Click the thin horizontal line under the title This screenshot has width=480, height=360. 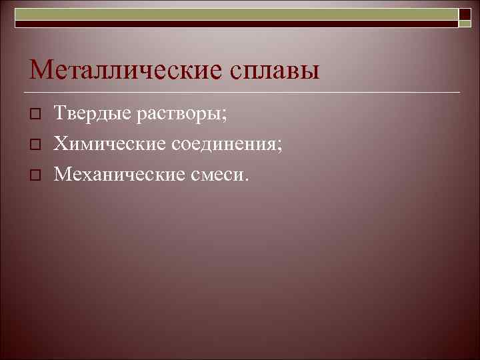240,91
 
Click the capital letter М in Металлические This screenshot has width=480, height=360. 41,70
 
